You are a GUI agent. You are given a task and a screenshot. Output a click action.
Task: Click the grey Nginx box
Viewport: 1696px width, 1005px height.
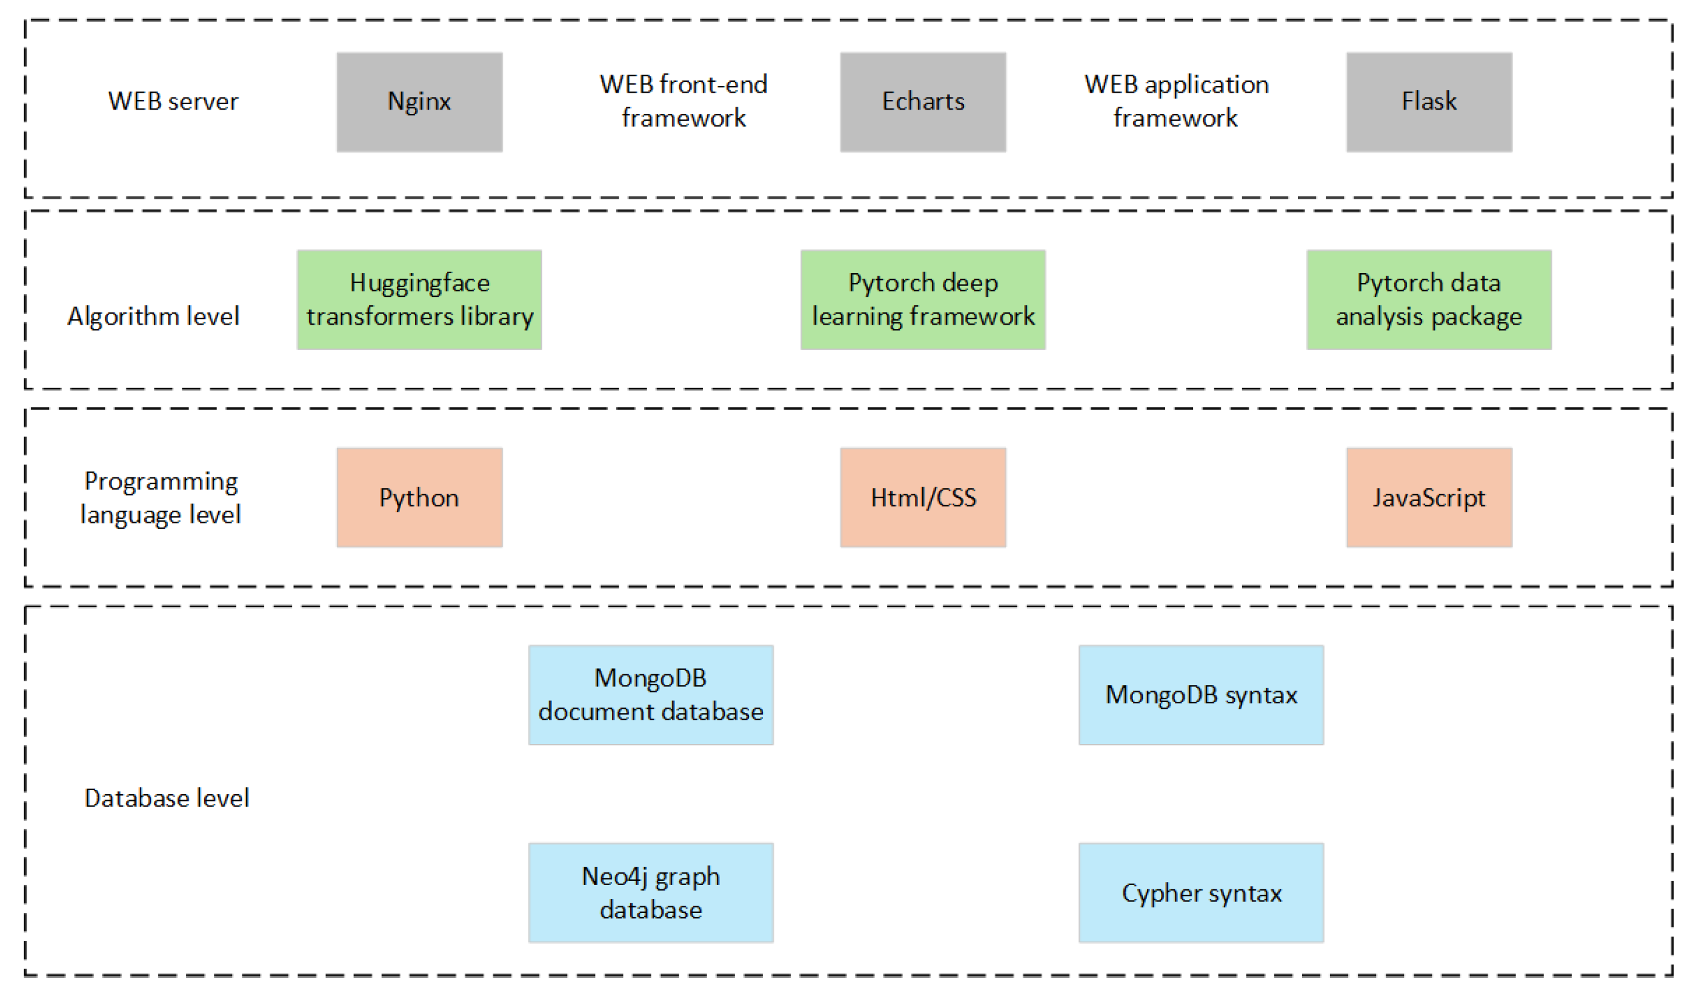click(x=419, y=102)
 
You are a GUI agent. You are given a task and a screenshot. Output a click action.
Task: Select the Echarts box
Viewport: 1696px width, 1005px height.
click(x=922, y=102)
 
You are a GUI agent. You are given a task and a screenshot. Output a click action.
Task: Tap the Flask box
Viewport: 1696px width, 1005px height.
click(x=1428, y=102)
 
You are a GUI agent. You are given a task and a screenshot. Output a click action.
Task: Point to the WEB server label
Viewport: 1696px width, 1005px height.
click(x=173, y=102)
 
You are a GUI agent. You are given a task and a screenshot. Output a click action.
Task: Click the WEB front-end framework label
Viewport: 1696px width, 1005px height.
click(x=683, y=101)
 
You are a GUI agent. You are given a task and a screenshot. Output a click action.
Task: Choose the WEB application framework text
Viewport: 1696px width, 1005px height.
click(x=1176, y=101)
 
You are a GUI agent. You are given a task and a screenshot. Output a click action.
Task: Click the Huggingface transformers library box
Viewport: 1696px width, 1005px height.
click(x=419, y=300)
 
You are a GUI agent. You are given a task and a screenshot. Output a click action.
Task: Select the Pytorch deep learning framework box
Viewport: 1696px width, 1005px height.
click(x=922, y=300)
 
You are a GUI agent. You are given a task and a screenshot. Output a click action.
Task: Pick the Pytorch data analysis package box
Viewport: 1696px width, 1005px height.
click(x=1428, y=300)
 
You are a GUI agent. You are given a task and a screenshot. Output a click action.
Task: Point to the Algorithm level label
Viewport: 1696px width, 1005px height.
click(x=154, y=316)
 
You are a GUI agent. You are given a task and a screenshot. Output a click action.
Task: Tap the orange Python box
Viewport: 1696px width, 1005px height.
click(x=419, y=498)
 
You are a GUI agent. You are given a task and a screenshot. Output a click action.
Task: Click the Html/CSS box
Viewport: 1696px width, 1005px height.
click(x=922, y=498)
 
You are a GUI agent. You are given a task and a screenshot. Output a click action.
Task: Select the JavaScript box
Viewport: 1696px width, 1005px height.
click(x=1428, y=498)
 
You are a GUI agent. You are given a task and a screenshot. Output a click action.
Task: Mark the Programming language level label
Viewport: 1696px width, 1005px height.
click(x=161, y=498)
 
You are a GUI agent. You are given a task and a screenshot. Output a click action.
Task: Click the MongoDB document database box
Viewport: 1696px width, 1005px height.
click(x=650, y=695)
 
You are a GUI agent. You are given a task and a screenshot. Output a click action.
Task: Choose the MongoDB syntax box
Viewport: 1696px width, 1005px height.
click(x=1201, y=695)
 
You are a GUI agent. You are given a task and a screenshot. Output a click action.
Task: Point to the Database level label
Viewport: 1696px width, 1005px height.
click(x=167, y=798)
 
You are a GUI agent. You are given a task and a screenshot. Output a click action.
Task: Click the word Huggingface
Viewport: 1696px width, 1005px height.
click(x=419, y=283)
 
